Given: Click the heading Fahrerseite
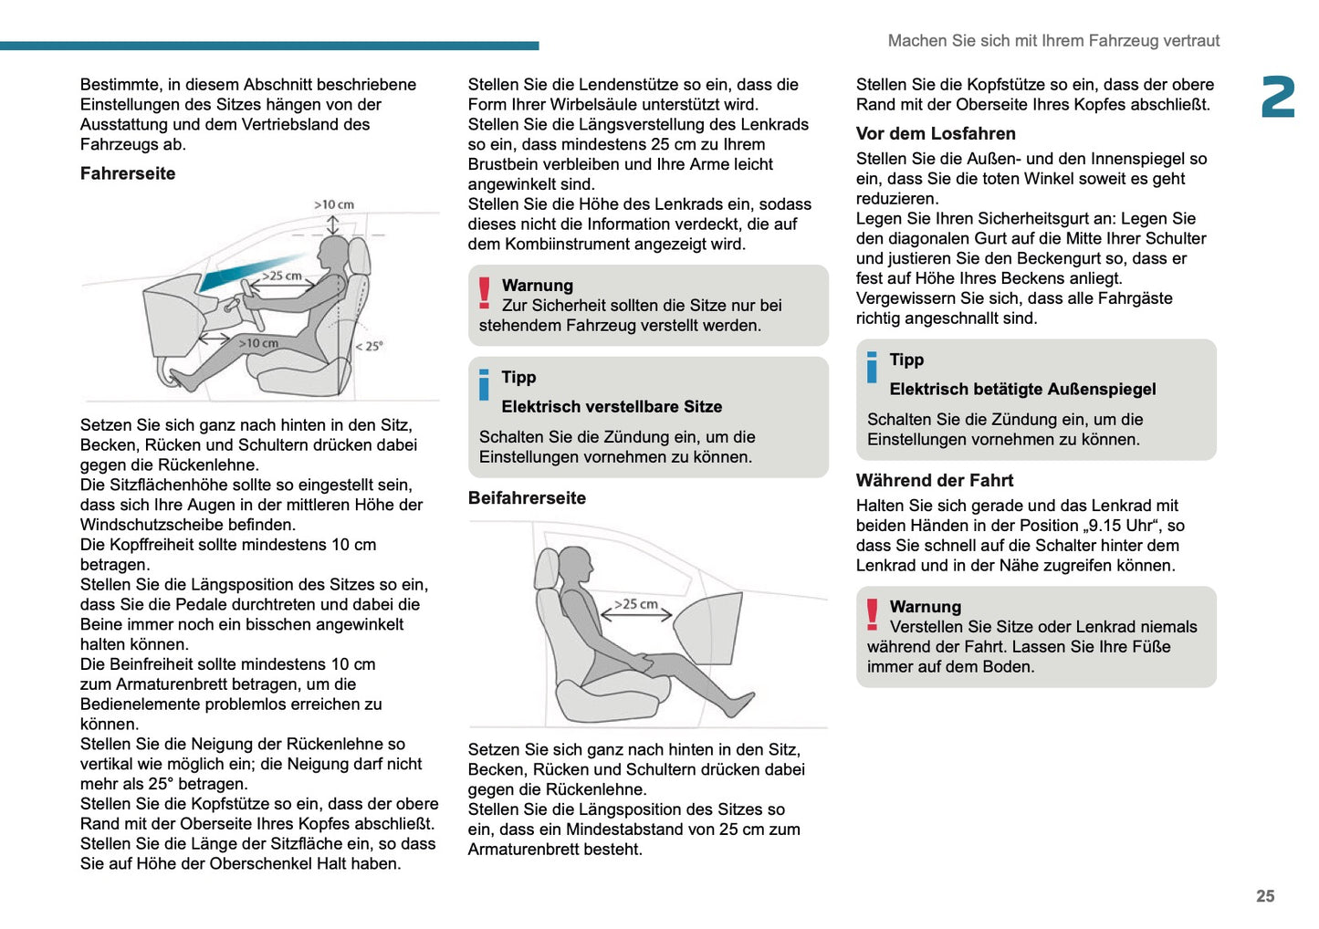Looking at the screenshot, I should (x=128, y=173).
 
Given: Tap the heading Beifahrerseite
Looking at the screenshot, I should (x=527, y=498).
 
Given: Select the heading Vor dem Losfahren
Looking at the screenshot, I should (x=936, y=133).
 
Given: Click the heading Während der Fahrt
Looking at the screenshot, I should (x=935, y=480).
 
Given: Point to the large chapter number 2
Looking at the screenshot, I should (x=1278, y=98).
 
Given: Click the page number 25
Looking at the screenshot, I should (x=1265, y=896).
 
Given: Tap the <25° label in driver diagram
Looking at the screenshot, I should (x=370, y=346).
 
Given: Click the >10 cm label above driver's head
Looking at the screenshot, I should (x=334, y=204).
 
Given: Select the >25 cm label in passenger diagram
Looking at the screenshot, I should (x=636, y=604).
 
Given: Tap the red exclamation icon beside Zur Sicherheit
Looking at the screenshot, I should (x=485, y=294).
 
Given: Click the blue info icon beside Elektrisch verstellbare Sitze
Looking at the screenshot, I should (x=484, y=385).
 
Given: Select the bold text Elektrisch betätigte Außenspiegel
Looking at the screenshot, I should (x=1022, y=390).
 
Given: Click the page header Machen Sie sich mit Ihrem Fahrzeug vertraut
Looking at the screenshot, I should (x=1053, y=40).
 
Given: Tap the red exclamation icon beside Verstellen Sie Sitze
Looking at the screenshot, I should (x=873, y=615).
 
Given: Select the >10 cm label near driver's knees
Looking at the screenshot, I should (x=259, y=344).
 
